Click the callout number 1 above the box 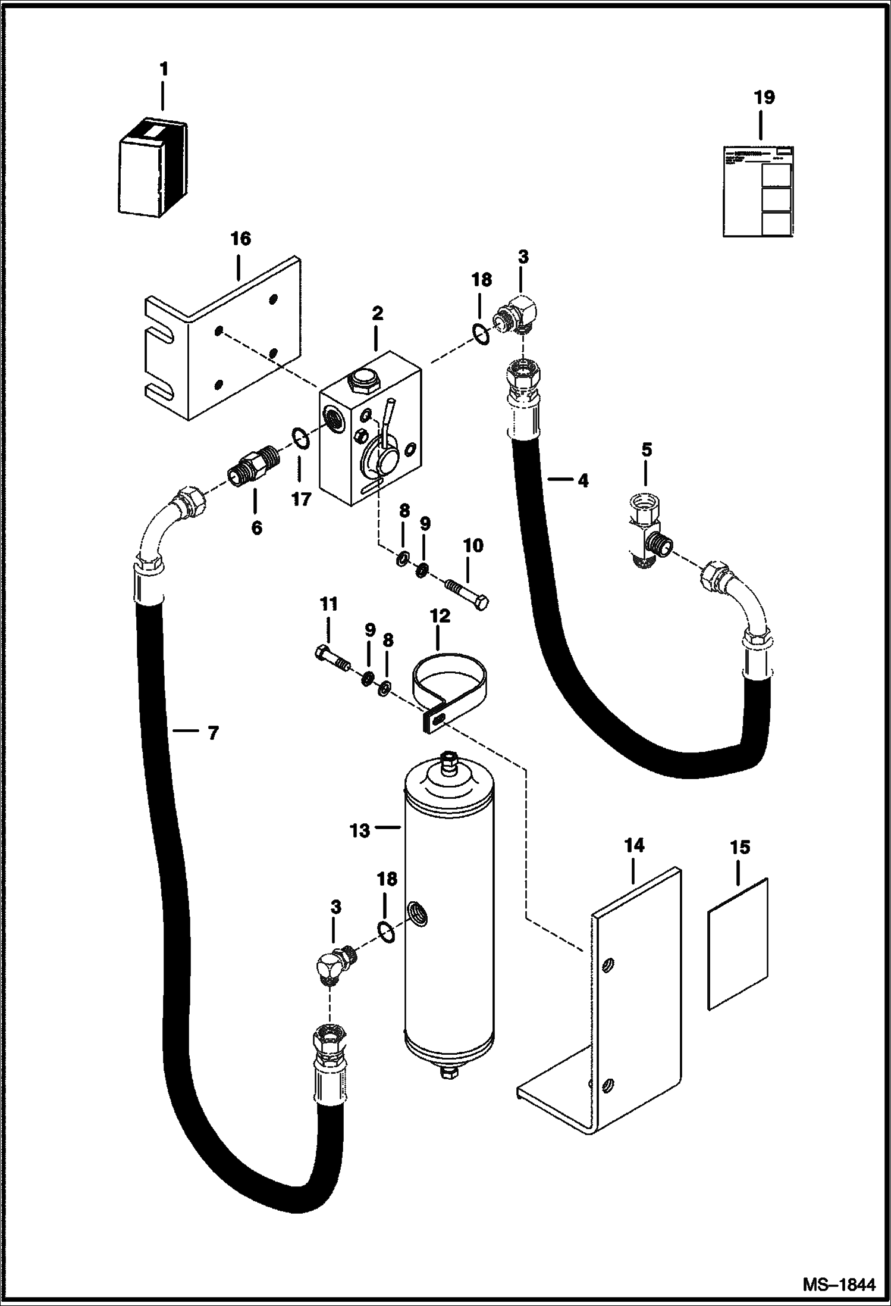[164, 70]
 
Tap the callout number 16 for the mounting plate [241, 239]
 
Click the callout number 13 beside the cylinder [360, 830]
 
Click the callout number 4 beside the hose [583, 480]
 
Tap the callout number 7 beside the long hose [213, 733]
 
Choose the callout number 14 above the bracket [635, 846]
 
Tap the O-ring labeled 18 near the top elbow [481, 334]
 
